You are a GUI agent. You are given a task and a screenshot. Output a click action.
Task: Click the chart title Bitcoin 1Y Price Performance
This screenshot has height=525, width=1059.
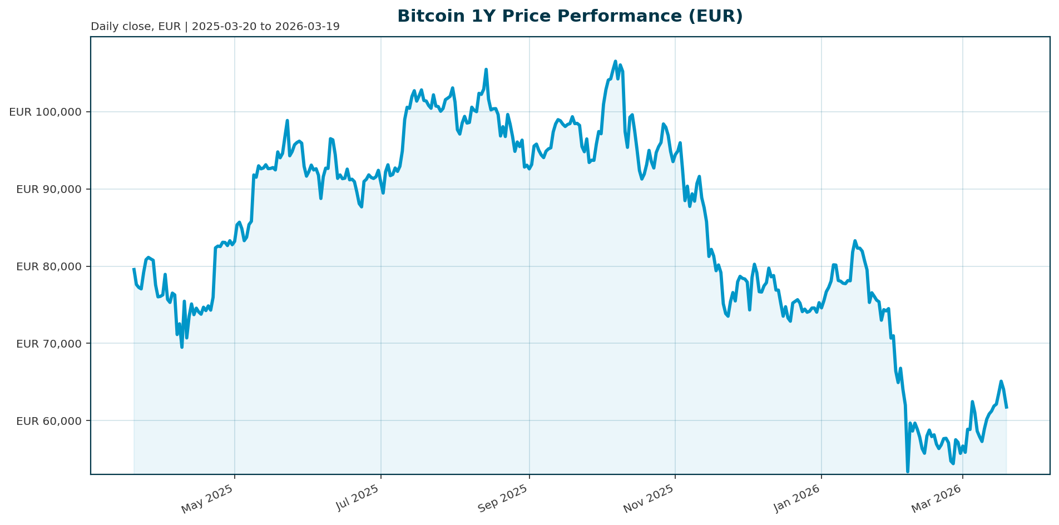coord(570,17)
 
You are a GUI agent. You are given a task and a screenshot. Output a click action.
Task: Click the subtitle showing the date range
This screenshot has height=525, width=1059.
coord(215,27)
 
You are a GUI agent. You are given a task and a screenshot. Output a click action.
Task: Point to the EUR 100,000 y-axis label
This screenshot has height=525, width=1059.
coord(46,112)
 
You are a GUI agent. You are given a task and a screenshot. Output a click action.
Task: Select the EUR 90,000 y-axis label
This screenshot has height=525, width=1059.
coord(49,189)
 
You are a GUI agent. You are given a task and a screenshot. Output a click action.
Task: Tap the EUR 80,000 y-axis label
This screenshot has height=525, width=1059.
coord(49,266)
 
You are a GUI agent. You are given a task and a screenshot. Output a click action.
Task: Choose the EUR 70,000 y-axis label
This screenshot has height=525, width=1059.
coord(49,344)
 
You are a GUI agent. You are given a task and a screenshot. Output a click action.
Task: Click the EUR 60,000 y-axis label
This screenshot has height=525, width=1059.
coord(49,420)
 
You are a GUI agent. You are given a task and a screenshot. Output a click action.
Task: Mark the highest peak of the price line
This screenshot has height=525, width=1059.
coord(615,61)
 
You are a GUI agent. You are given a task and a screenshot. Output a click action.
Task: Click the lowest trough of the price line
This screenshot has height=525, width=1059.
coord(908,472)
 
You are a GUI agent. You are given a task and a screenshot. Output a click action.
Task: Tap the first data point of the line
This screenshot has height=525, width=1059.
coord(133,269)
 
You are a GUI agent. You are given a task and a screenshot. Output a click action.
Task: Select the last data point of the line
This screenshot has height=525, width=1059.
coord(1007,408)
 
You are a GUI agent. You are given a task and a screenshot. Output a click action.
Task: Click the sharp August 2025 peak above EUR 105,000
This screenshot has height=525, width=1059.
coord(486,70)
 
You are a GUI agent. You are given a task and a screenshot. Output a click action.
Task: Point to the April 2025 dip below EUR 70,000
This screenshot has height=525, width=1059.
coord(182,347)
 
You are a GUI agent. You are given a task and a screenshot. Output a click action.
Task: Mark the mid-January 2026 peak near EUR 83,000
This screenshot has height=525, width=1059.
coord(855,241)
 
